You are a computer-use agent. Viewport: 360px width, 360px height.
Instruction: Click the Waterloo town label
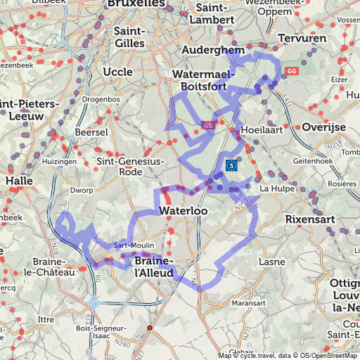click(184, 211)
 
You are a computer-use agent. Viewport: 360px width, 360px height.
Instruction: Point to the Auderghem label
click(213, 51)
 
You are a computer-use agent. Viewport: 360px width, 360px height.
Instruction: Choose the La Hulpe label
click(274, 188)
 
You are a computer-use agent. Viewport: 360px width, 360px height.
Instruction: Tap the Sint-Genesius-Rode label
click(129, 166)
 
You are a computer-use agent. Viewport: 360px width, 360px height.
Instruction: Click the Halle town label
click(18, 181)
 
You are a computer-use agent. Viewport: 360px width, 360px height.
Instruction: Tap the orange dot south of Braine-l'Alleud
click(149, 328)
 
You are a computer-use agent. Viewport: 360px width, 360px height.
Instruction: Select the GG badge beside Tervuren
click(292, 70)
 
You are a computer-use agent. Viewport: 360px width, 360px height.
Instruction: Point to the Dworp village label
click(82, 190)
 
